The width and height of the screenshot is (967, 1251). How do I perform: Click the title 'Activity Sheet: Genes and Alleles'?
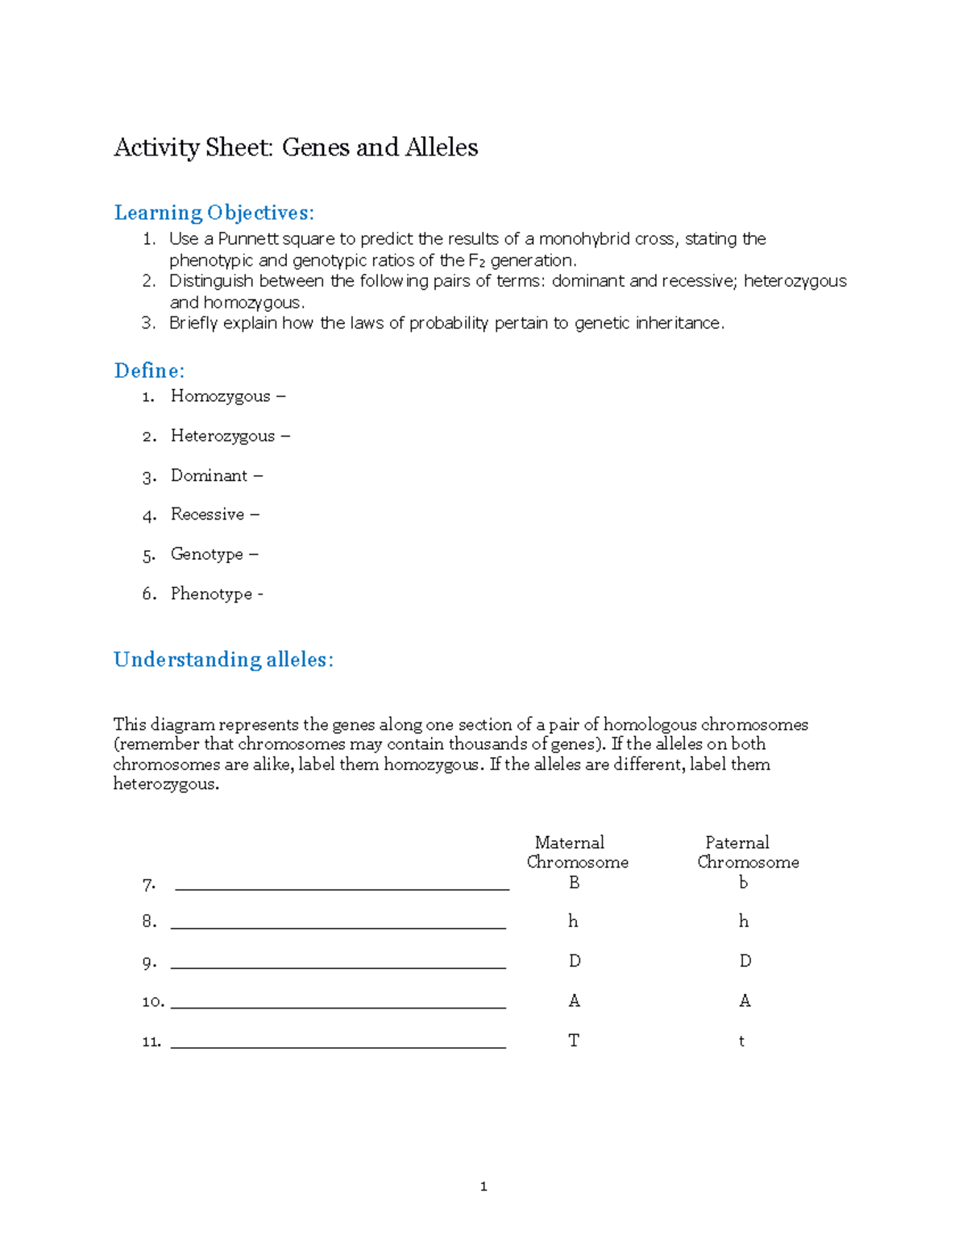coord(296,147)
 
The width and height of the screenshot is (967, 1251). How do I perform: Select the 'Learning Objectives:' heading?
coord(214,213)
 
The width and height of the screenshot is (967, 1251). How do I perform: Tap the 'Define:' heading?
coord(149,371)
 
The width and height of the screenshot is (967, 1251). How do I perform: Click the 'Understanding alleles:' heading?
coord(223,660)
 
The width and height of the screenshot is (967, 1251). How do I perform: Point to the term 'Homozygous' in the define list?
coord(220,396)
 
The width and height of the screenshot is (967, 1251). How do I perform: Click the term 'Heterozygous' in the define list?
coord(222,436)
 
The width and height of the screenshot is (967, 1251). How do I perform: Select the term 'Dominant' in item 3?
coord(209,475)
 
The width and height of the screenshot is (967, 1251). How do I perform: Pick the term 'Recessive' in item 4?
coord(207,514)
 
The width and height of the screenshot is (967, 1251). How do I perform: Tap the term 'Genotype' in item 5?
coord(206,554)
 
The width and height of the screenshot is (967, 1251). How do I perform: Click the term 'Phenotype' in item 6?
coord(211,594)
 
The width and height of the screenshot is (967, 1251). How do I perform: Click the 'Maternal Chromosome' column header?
coord(576,852)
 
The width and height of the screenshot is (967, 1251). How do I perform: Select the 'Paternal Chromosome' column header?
coord(747,852)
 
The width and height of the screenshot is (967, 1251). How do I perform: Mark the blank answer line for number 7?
coord(342,888)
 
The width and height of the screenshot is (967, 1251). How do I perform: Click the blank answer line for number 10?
coord(338,1006)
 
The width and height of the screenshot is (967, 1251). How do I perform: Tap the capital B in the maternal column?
coord(574,883)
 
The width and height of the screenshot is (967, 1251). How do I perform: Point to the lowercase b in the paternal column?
coord(743,883)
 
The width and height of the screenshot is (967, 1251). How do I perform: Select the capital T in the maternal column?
coord(573,1041)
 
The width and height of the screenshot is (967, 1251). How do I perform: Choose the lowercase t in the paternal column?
coord(741,1042)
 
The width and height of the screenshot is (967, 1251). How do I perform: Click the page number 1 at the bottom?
coord(483,1187)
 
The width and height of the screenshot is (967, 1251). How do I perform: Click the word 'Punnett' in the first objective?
coord(247,239)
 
